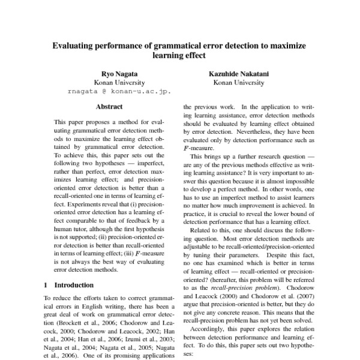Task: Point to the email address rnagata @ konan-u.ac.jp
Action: [119, 92]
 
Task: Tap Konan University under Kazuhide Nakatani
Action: [238, 82]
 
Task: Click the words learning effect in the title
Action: [179, 55]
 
